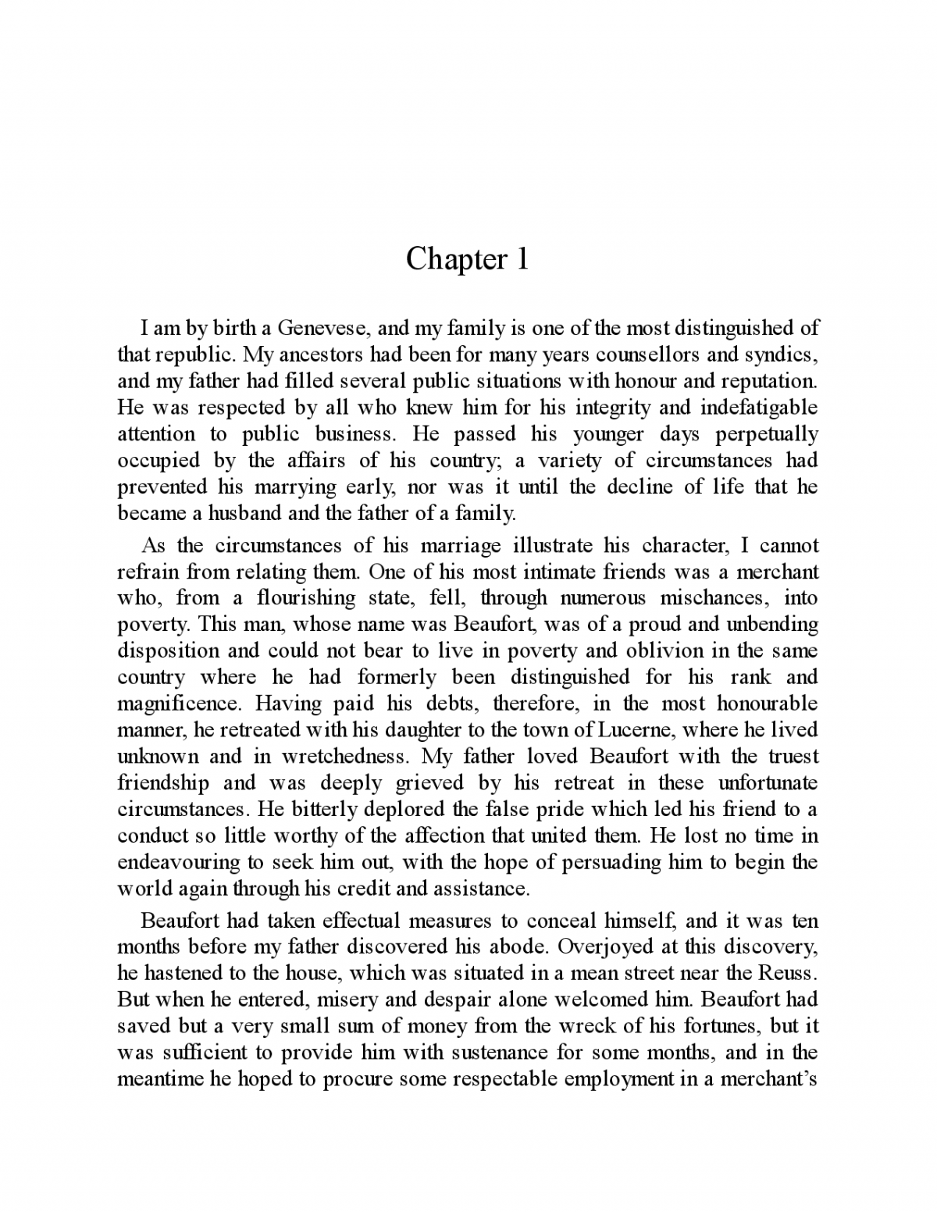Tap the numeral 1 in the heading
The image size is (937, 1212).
(522, 259)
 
